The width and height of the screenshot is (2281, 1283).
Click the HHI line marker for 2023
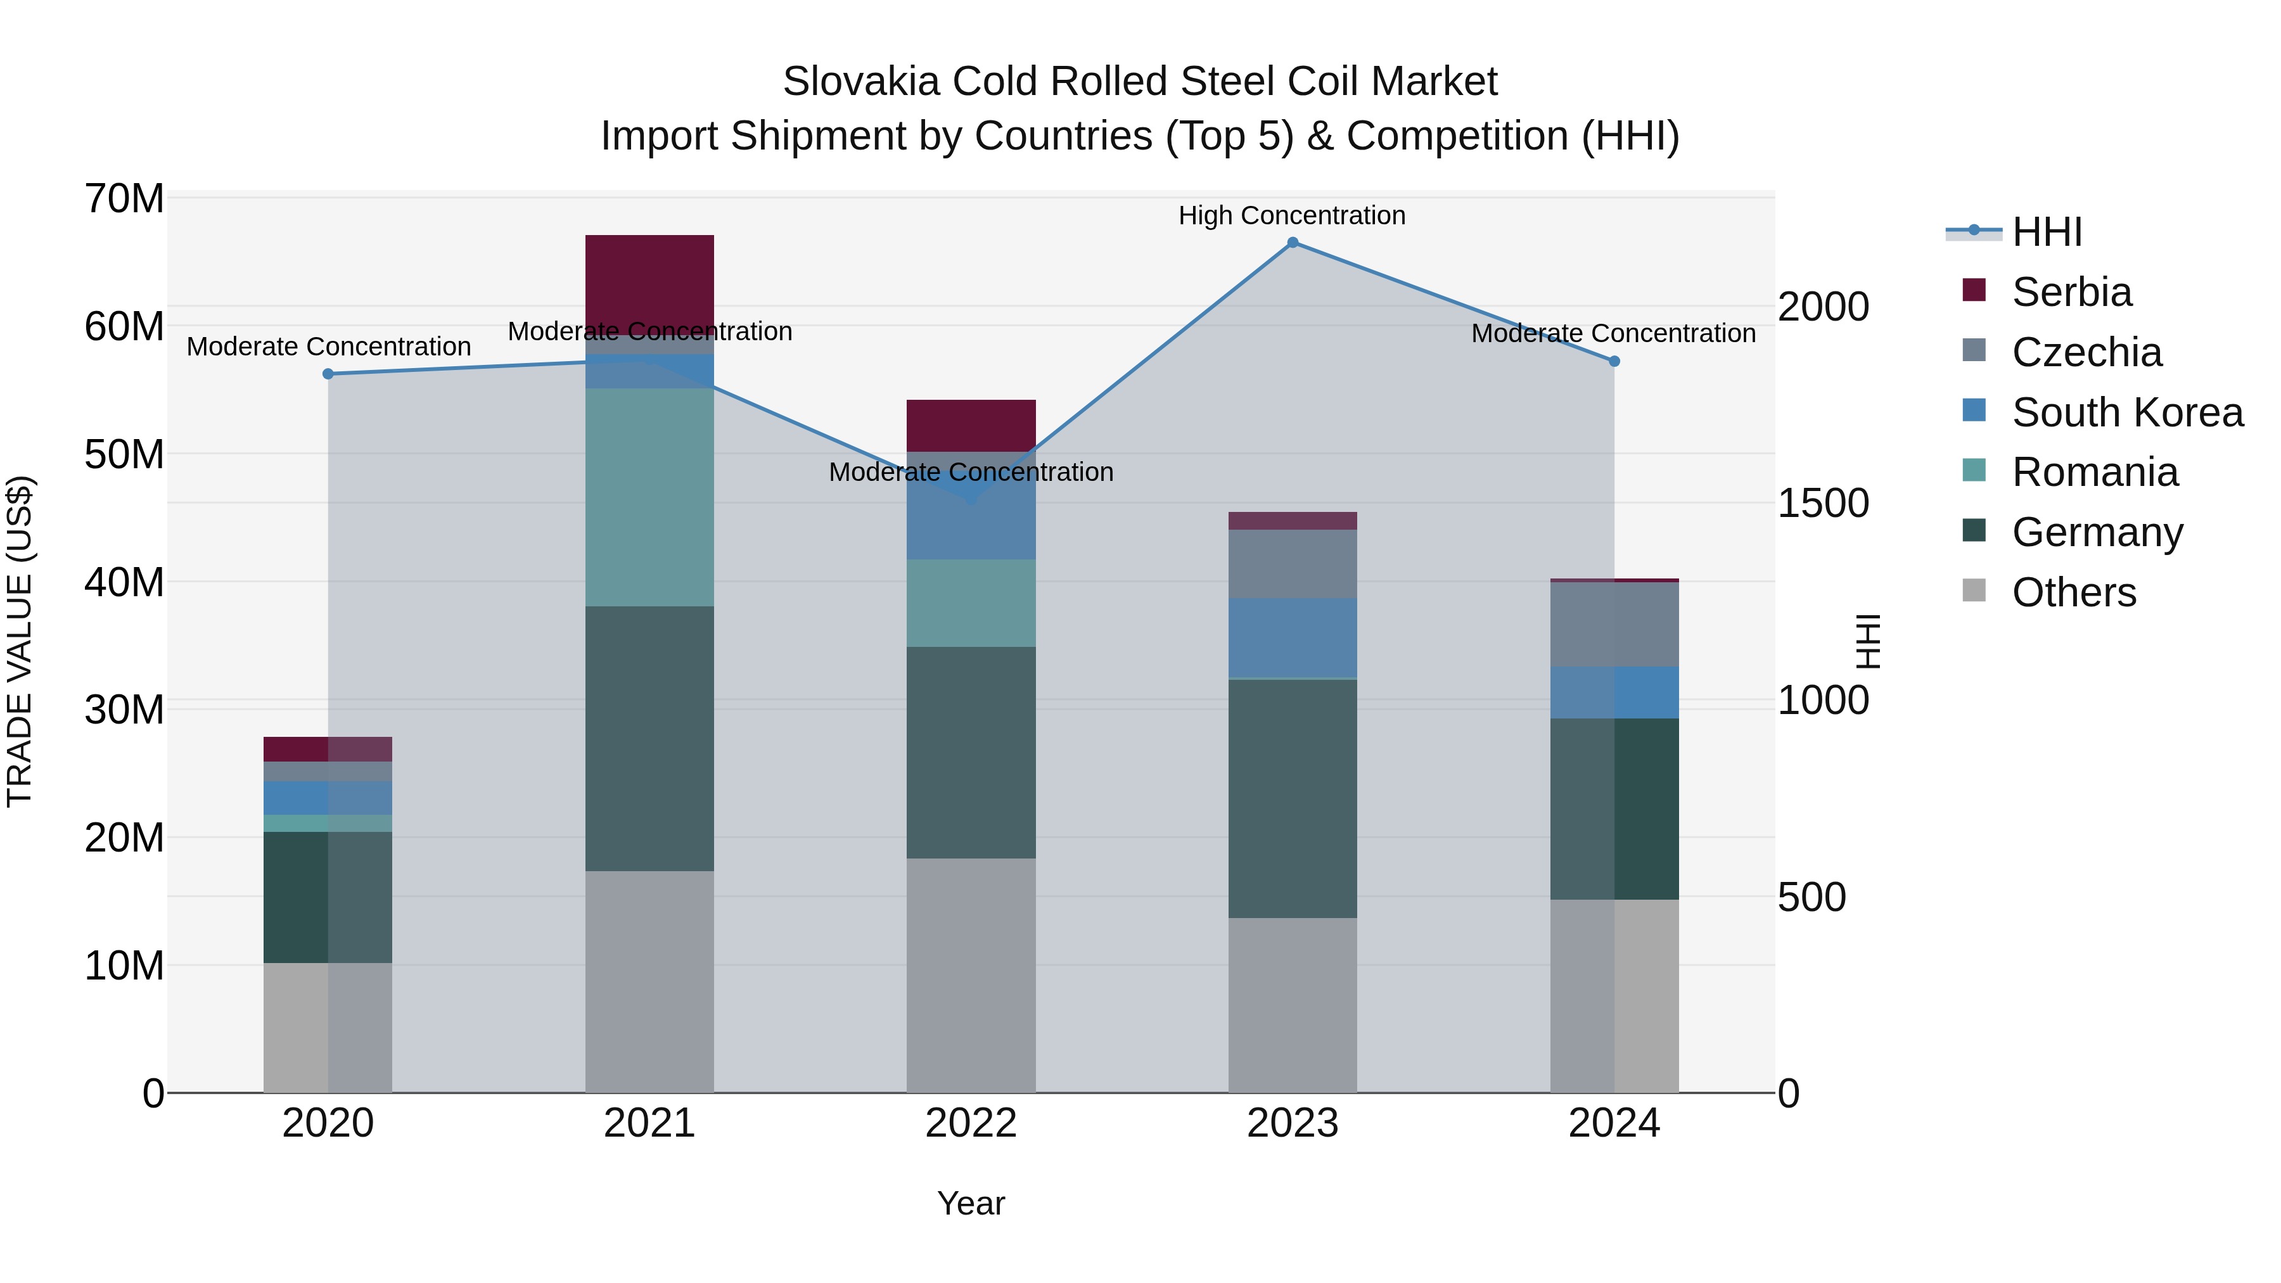point(1292,243)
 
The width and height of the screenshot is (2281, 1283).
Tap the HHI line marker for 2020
point(328,374)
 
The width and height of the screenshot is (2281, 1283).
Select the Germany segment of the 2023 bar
point(1292,798)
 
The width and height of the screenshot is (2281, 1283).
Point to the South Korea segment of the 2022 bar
point(971,523)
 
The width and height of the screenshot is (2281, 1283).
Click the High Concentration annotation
point(1291,215)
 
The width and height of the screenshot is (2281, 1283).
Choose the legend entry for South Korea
point(2127,412)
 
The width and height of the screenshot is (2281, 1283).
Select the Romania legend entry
point(2094,472)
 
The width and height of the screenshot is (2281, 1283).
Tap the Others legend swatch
point(1974,590)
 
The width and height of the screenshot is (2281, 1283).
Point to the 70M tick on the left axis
point(124,198)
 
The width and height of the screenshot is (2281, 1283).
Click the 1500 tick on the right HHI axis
point(1822,503)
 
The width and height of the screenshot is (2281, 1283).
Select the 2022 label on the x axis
point(971,1123)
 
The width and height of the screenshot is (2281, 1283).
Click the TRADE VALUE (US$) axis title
point(20,641)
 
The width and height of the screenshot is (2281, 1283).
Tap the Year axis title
point(971,1203)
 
